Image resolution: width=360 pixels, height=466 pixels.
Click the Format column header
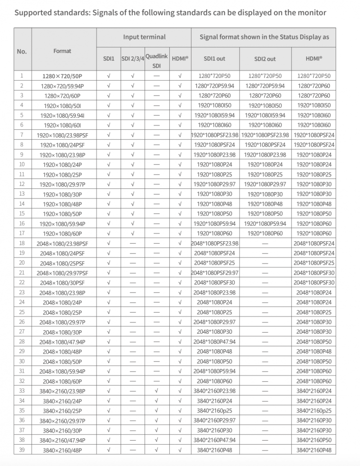coord(63,51)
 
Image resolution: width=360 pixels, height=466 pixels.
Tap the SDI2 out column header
coord(265,58)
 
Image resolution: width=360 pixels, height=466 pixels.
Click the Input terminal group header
coord(144,36)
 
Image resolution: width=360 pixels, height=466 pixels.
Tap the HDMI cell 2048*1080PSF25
coord(314,263)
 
